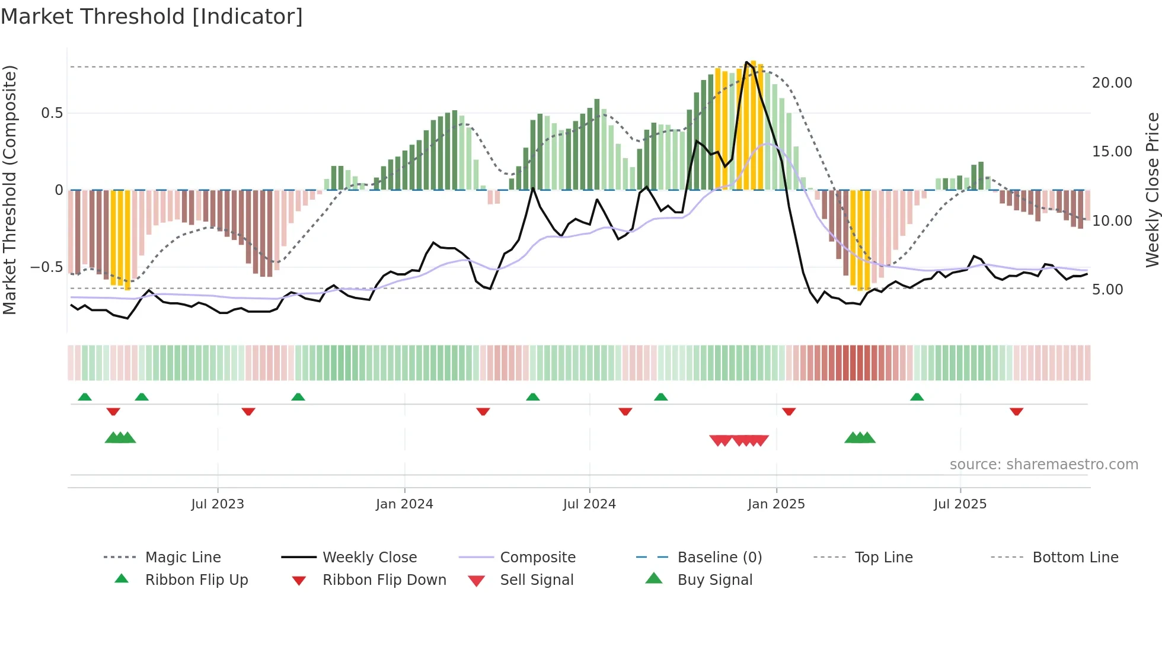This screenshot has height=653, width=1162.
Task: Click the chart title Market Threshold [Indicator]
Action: [x=152, y=17]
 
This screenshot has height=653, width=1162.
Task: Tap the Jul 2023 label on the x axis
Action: [x=218, y=504]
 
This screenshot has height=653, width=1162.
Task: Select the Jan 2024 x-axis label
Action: [x=404, y=504]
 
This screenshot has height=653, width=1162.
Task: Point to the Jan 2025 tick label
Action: [x=776, y=504]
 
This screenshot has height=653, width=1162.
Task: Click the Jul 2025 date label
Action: [x=960, y=504]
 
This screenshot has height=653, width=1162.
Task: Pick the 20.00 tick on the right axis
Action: [x=1112, y=83]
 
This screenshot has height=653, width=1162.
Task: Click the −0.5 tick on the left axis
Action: [x=46, y=267]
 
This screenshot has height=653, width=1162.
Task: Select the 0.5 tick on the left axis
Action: [x=52, y=113]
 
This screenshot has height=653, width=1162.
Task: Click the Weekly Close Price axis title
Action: [x=1152, y=190]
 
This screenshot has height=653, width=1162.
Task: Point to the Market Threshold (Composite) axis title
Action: [x=9, y=190]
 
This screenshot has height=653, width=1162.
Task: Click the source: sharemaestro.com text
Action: [x=1043, y=465]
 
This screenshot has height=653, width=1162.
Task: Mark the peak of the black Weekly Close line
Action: [x=746, y=62]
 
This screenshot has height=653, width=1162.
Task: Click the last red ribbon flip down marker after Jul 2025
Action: [x=1016, y=411]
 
